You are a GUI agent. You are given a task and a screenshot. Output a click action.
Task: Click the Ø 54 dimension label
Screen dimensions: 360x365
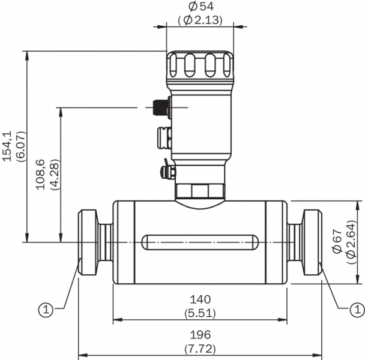[201, 7]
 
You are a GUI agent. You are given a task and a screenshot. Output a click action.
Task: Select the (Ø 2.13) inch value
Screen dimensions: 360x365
[201, 20]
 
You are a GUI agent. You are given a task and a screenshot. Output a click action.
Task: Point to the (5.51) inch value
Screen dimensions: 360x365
[201, 313]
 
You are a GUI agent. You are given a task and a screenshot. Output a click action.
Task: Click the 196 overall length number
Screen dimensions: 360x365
[201, 335]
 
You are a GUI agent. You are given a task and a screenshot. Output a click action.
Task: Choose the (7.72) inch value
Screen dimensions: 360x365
[201, 349]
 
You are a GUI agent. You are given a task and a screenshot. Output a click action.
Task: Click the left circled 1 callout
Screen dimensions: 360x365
[45, 310]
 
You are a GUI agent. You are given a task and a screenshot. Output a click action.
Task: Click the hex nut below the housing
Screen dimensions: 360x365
[200, 191]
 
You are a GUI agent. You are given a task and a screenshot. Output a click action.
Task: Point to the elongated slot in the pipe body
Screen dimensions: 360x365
[201, 242]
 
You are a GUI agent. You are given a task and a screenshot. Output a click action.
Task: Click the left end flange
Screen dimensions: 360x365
[89, 242]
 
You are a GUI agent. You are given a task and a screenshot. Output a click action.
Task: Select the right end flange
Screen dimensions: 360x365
[312, 242]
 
